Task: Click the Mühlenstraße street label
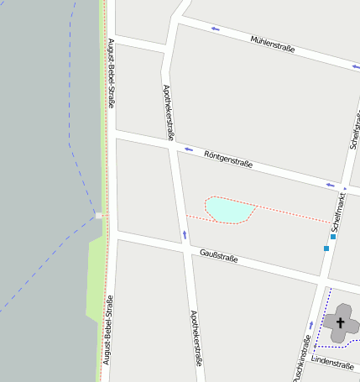273,44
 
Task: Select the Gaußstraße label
219,256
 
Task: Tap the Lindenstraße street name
332,364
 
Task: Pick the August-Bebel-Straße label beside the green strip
107,336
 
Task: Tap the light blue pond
229,209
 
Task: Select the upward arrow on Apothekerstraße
185,234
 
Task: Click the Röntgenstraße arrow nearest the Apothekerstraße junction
188,149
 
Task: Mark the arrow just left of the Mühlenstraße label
216,29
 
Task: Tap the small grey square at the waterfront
99,216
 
